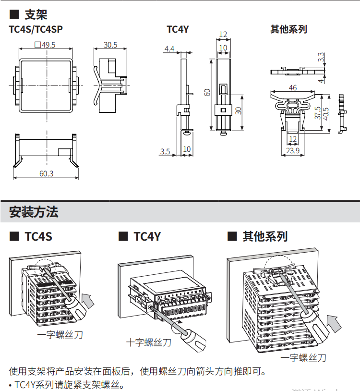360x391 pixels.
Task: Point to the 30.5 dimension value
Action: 110,45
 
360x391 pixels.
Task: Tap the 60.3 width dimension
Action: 46,173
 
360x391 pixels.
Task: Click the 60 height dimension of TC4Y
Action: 207,92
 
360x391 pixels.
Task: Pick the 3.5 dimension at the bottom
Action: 165,152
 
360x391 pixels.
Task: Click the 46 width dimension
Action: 293,87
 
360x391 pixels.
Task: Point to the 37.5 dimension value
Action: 318,112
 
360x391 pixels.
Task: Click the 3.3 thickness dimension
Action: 321,57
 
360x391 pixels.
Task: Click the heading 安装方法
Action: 34,212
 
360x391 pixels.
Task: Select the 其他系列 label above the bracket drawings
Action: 288,29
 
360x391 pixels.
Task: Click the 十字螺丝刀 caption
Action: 148,342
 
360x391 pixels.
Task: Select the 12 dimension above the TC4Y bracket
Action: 223,34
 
